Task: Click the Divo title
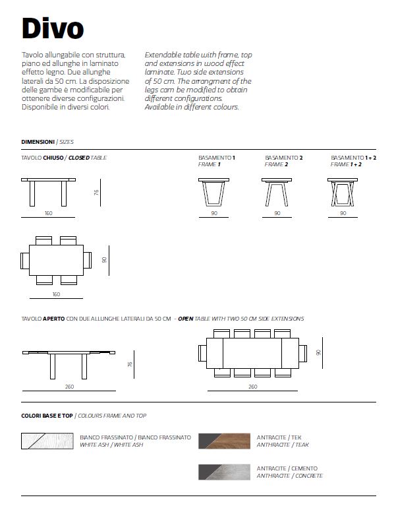[x=53, y=28]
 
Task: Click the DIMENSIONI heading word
[x=38, y=142]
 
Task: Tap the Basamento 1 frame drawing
[x=213, y=192]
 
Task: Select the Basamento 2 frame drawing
[x=277, y=192]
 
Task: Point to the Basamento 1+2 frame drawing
[x=343, y=192]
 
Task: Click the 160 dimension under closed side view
[x=48, y=213]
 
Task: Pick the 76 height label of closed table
[x=96, y=192]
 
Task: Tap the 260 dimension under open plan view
[x=253, y=387]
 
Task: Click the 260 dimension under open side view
[x=69, y=387]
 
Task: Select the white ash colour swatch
[x=47, y=441]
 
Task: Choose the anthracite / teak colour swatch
[x=225, y=441]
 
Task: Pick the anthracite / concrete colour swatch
[x=225, y=472]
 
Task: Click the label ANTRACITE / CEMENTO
[x=287, y=468]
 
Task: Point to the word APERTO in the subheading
[x=54, y=319]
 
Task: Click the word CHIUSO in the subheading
[x=53, y=158]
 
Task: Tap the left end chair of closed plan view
[x=25, y=261]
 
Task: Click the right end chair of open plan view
[x=302, y=353]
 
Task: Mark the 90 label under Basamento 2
[x=277, y=213]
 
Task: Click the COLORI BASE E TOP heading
[x=47, y=416]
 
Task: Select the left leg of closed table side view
[x=32, y=193]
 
